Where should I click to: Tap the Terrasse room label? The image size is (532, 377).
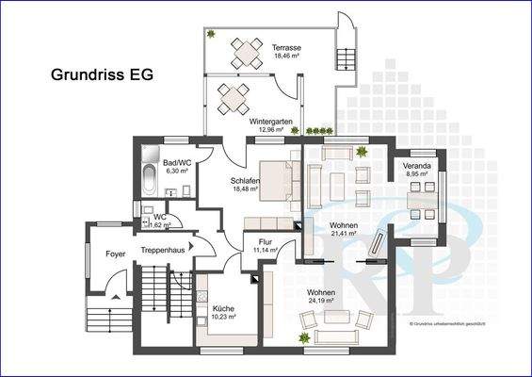pyautogui.click(x=286, y=47)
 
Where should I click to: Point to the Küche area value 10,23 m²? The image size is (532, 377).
pyautogui.click(x=223, y=318)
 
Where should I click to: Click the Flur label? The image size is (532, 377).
pyautogui.click(x=265, y=242)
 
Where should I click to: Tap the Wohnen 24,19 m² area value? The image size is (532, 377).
pyautogui.click(x=322, y=303)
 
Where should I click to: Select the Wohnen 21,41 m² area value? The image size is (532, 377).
pyautogui.click(x=345, y=236)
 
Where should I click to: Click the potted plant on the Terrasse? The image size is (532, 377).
pyautogui.click(x=212, y=35)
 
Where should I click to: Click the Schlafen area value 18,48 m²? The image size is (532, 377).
pyautogui.click(x=245, y=188)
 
